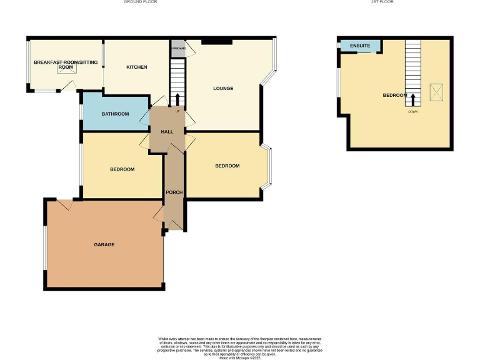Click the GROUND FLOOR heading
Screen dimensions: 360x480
(x=139, y=2)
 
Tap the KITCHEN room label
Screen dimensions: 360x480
(x=136, y=67)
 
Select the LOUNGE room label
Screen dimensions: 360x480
(x=223, y=88)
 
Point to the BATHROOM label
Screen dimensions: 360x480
(x=115, y=114)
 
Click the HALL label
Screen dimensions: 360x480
(x=167, y=132)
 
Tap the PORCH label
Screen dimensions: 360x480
(x=174, y=192)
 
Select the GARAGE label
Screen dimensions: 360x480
(x=104, y=244)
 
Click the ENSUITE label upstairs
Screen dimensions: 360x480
(x=360, y=46)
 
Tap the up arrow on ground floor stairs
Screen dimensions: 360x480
(x=177, y=99)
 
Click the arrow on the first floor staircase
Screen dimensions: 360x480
(x=412, y=99)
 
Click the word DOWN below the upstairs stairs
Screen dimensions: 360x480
(x=412, y=112)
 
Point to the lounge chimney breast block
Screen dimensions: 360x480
(x=216, y=42)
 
